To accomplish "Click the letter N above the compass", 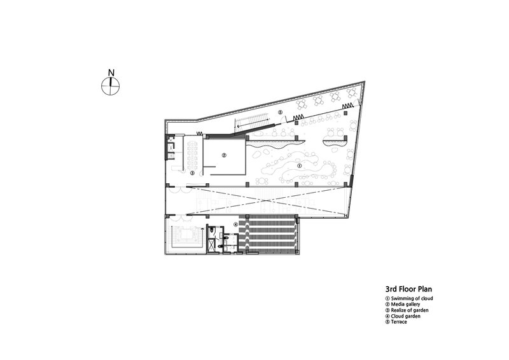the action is click(x=111, y=73).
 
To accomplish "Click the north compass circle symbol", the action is click(x=111, y=86).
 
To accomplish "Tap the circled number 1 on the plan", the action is click(x=299, y=165).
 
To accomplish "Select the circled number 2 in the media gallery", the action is click(x=224, y=155).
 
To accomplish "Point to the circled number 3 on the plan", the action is click(x=192, y=173).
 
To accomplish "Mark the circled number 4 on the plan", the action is click(x=236, y=224).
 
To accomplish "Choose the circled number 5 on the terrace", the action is click(x=281, y=113).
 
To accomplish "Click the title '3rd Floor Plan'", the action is click(x=408, y=289).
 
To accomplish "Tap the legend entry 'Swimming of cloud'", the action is click(x=409, y=298).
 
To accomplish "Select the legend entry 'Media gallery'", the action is click(x=403, y=304).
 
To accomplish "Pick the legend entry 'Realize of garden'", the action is click(x=407, y=310).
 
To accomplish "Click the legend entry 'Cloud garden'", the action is click(x=403, y=316).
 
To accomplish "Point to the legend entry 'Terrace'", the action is click(x=396, y=322).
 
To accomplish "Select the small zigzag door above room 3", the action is click(x=200, y=133).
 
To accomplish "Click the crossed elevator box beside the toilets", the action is click(x=212, y=244).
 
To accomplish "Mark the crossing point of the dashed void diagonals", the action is click(x=265, y=200).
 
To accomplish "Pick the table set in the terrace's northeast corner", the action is click(x=351, y=92).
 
